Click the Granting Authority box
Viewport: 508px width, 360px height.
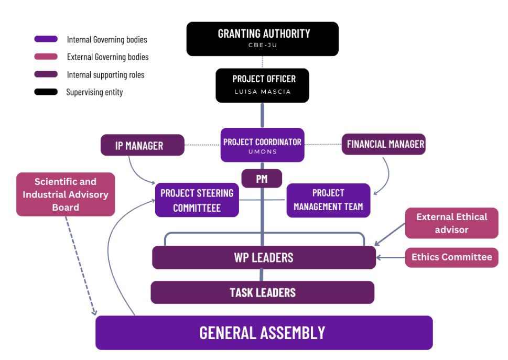(x=262, y=39)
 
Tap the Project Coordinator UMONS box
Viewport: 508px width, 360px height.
(x=262, y=145)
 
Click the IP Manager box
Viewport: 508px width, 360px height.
(x=142, y=145)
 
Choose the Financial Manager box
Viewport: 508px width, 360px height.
(x=383, y=144)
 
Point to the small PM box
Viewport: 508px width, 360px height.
(x=262, y=179)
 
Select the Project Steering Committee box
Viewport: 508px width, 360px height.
(x=197, y=200)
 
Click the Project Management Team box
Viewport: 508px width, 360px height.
(x=328, y=200)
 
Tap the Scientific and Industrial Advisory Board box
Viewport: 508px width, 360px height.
(x=66, y=194)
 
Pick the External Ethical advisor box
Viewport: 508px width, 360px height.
(x=451, y=223)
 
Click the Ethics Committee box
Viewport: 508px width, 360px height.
(x=451, y=257)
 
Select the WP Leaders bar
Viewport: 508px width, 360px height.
(x=264, y=257)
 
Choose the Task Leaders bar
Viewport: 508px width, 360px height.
(x=262, y=292)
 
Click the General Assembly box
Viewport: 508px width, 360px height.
(x=263, y=333)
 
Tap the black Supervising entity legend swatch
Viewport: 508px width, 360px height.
(x=46, y=92)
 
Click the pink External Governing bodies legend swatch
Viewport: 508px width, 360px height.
(x=46, y=57)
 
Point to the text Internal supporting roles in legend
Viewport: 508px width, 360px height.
(x=105, y=75)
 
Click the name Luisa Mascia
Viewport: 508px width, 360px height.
(x=262, y=92)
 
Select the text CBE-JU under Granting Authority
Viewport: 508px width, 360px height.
(x=262, y=46)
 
